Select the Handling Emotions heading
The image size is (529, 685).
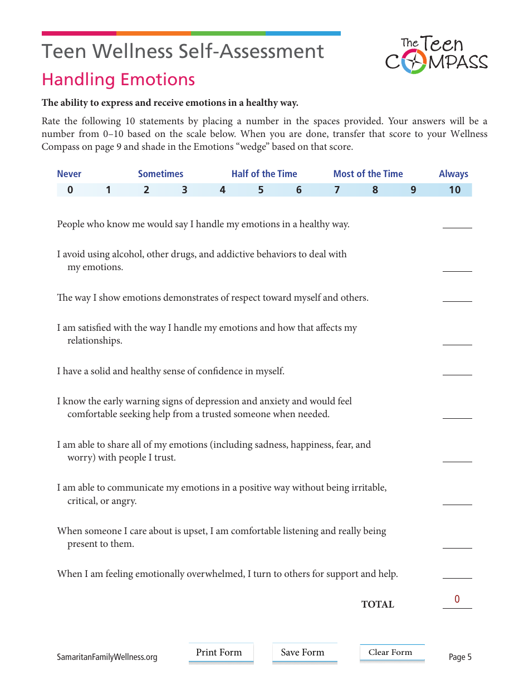click(118, 80)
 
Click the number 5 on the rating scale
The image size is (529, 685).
click(261, 190)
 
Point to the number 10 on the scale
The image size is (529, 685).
click(454, 190)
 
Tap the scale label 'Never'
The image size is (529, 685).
click(69, 174)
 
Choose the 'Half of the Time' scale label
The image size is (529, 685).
click(264, 174)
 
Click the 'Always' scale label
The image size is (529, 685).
click(453, 174)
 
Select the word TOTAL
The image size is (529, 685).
click(378, 605)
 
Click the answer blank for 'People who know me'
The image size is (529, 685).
click(457, 223)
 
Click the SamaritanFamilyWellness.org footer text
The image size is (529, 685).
click(107, 657)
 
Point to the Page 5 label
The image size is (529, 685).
click(460, 657)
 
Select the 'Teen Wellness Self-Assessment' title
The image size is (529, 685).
click(183, 52)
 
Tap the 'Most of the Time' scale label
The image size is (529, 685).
click(368, 174)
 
